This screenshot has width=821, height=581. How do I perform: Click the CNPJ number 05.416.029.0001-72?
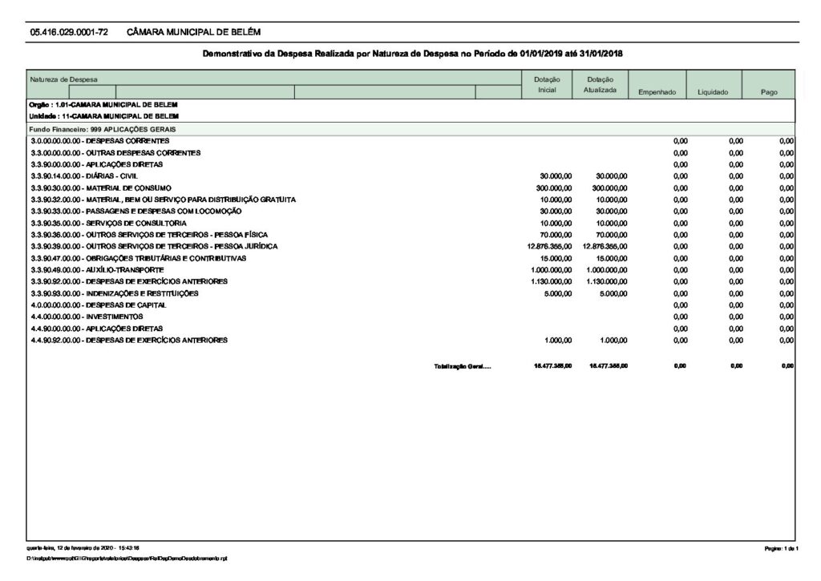[x=69, y=32]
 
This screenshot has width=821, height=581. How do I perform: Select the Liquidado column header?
[x=712, y=93]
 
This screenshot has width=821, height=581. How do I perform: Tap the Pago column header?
[x=769, y=93]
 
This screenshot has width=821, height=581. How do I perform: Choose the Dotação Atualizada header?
[x=600, y=85]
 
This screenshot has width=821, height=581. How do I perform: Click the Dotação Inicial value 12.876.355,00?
[x=548, y=246]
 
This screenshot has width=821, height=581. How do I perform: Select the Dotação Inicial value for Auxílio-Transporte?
[x=551, y=269]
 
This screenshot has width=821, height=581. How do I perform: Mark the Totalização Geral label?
[x=462, y=365]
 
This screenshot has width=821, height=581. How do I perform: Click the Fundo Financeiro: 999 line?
[x=103, y=128]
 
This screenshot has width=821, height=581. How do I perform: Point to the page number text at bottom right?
[x=780, y=547]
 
